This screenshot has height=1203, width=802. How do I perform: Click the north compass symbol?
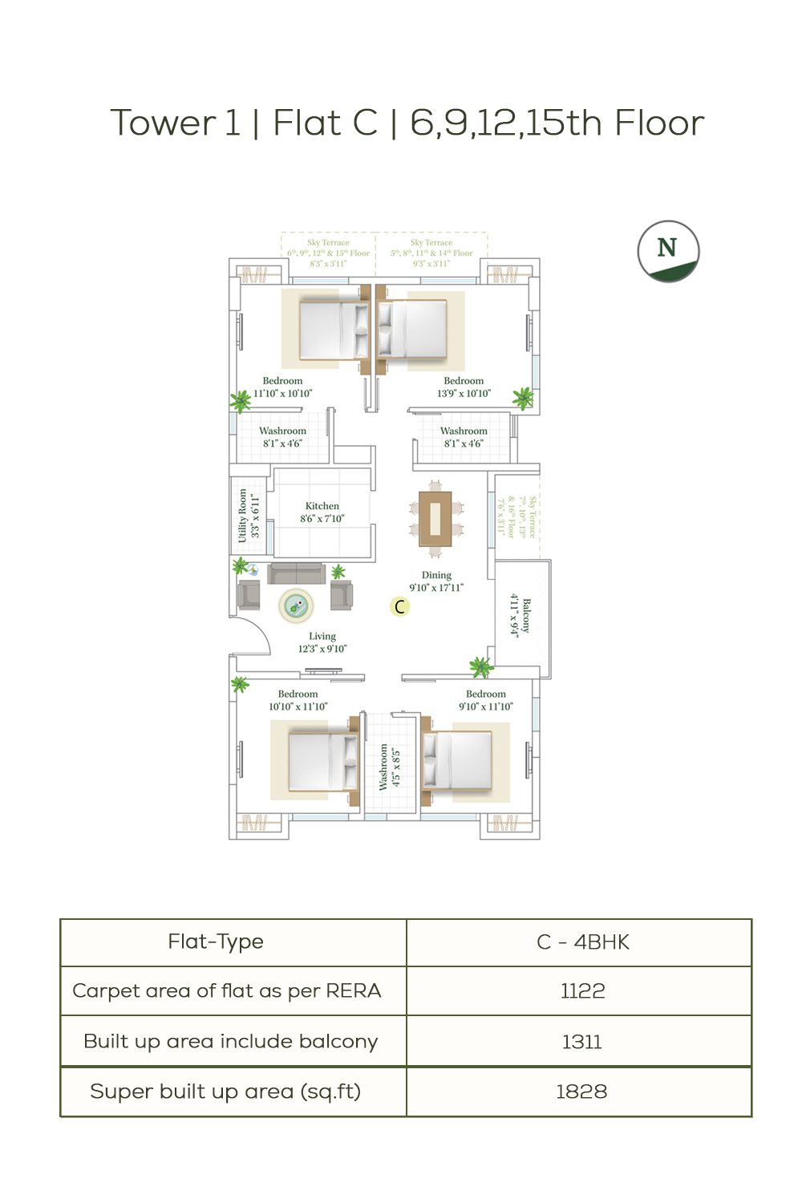pos(668,251)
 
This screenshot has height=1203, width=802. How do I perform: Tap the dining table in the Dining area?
pos(435,518)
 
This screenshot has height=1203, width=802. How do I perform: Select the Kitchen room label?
pos(322,506)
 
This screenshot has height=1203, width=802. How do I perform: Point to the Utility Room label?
pos(243,516)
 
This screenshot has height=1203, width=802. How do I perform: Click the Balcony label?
pos(526,615)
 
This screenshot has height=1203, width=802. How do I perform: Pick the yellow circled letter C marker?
pos(399,607)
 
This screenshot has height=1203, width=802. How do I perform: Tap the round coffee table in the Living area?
pos(296,606)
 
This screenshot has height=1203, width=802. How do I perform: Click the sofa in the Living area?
pos(297,573)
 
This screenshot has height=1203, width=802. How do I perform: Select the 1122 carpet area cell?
pos(582,991)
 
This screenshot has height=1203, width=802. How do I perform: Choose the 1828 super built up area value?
pos(581,1092)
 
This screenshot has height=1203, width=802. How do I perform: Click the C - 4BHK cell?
pos(582,942)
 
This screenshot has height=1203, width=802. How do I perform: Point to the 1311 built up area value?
pos(581,1042)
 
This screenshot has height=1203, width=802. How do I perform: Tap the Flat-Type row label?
pos(216,942)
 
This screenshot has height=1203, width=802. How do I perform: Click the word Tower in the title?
pos(163,124)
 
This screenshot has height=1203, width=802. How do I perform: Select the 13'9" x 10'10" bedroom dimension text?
pos(464,394)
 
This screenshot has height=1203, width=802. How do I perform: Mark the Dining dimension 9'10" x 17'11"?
pos(436,588)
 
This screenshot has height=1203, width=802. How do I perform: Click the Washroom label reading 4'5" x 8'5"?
pos(390,767)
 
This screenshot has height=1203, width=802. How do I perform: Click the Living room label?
pos(322,636)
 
